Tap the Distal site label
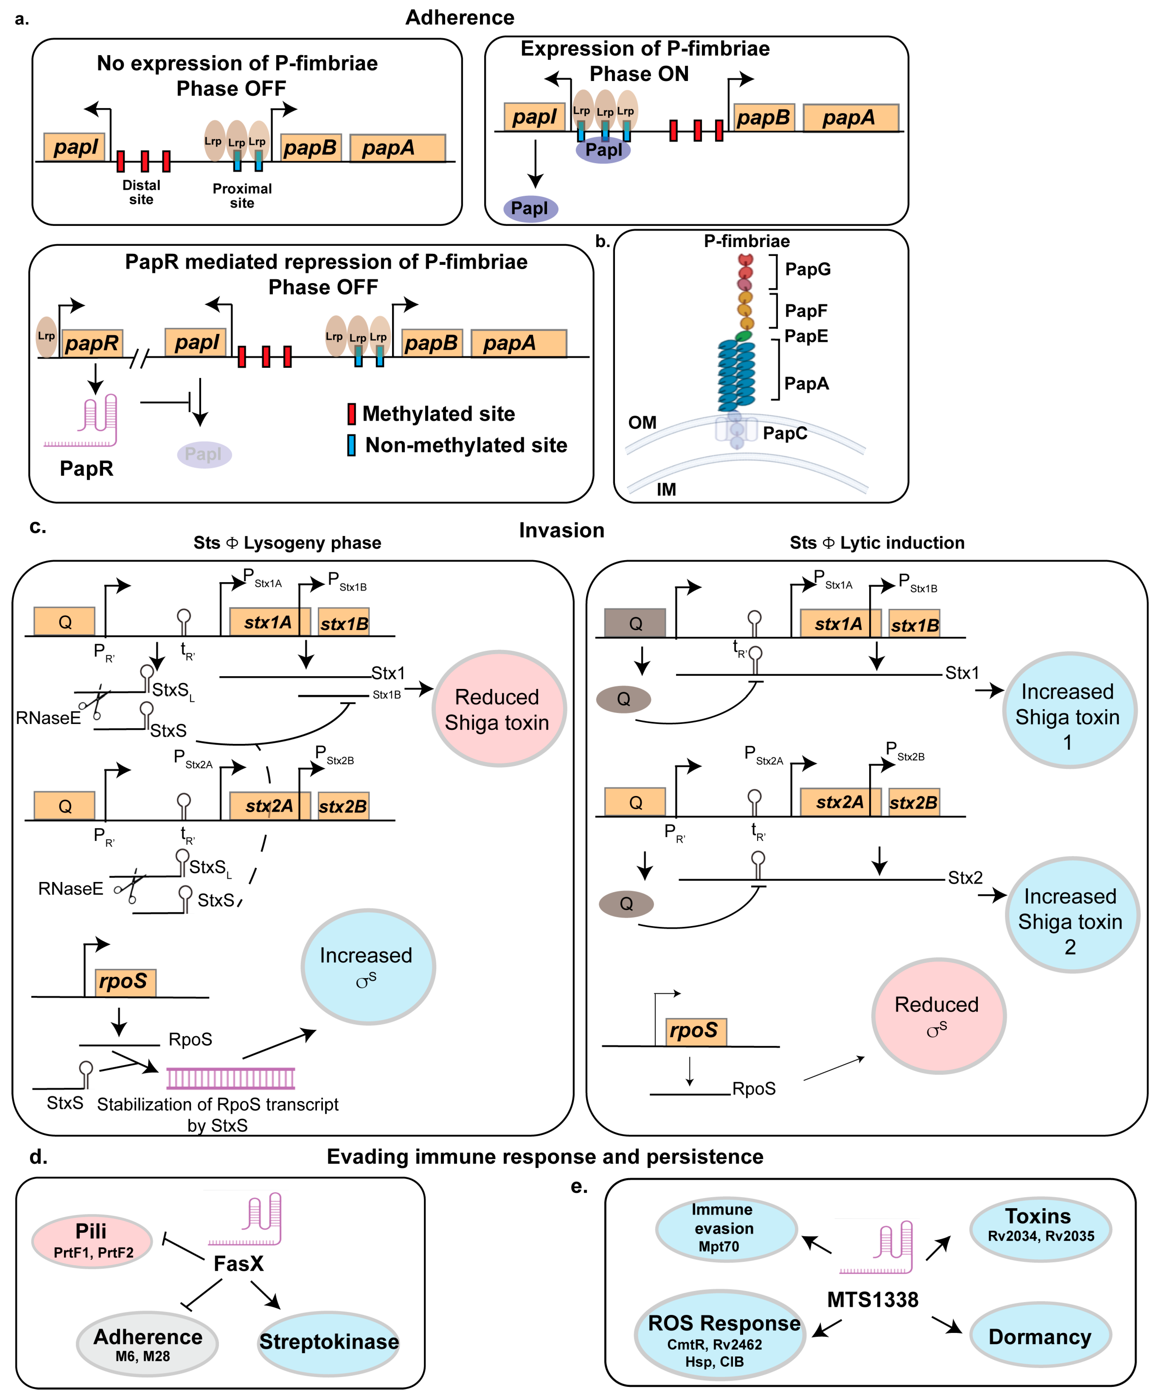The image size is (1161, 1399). pos(141,192)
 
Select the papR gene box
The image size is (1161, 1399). pos(92,343)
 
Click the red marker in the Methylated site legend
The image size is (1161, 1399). pos(351,414)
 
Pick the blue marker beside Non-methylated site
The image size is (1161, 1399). pos(351,445)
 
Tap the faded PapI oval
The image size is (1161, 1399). pos(204,454)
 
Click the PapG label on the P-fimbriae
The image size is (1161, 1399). pos(808,269)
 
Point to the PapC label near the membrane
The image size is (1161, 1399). pos(785,434)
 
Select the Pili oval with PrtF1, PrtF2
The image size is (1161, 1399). pos(92,1240)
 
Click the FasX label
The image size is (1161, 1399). pos(238,1264)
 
